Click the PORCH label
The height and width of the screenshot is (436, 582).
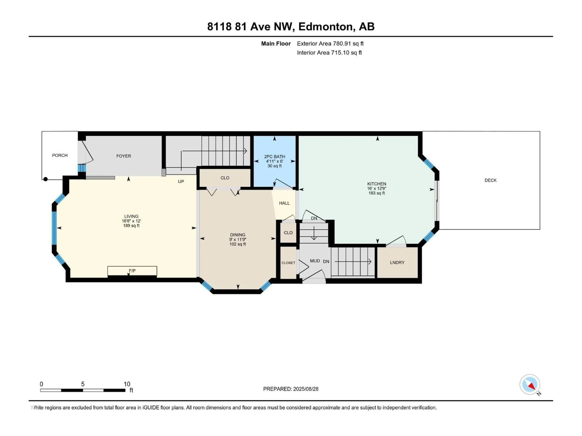pos(60,155)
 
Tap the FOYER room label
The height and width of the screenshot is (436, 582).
pos(124,156)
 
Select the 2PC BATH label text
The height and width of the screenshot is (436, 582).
pos(274,157)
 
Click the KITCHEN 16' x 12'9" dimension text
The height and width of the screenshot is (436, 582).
pos(376,188)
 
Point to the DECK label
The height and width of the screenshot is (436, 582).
pos(490,180)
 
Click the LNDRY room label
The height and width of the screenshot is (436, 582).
pos(397,263)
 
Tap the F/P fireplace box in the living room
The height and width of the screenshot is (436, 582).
pos(132,271)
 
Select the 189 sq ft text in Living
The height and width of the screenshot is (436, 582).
pos(131,226)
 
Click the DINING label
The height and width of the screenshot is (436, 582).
pos(238,235)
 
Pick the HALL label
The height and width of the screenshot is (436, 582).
pos(284,203)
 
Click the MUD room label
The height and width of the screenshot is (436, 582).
pos(315,261)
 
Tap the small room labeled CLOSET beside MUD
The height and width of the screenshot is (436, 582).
pos(288,263)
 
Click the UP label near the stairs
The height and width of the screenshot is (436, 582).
pos(181,182)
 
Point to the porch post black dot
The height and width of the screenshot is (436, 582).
pos(45,179)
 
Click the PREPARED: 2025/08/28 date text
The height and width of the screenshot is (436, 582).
pos(291,389)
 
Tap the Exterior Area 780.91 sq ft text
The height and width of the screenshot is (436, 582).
pos(330,44)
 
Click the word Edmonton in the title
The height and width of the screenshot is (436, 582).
pos(325,26)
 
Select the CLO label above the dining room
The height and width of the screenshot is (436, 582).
pos(225,178)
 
